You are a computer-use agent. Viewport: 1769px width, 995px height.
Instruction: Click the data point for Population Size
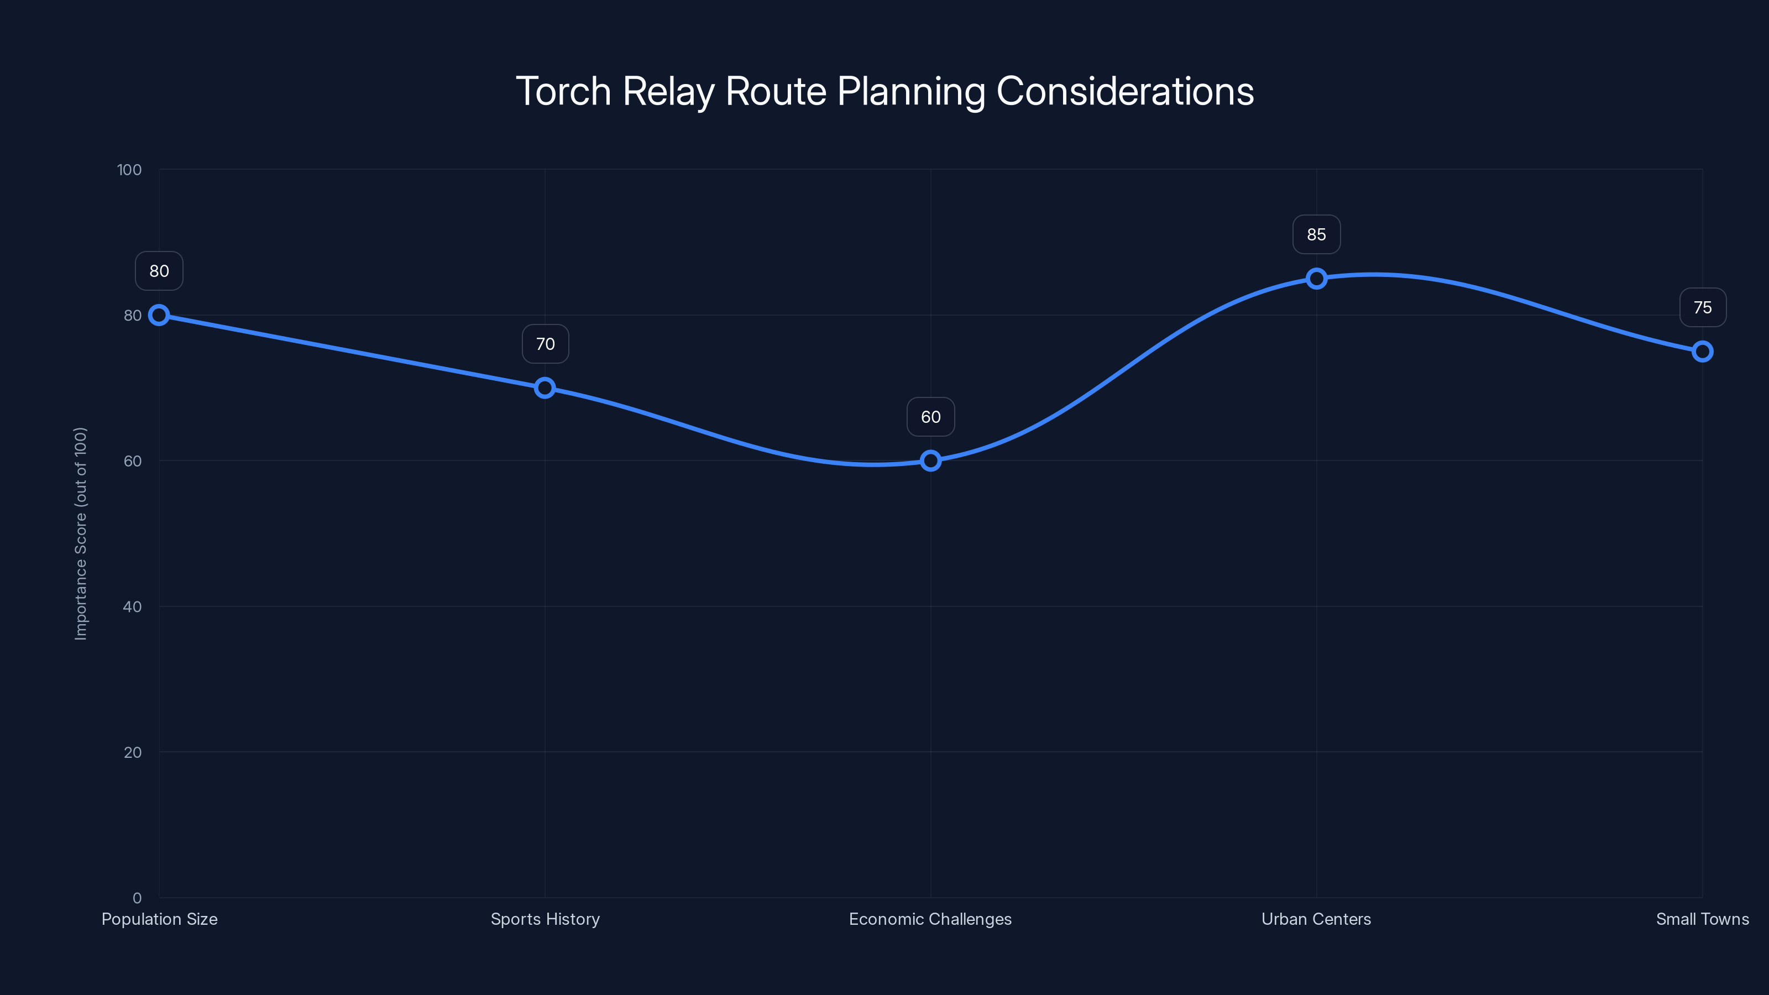159,315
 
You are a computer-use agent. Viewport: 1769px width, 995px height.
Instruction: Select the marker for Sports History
545,388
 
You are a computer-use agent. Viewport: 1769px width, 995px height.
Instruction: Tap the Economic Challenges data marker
930,461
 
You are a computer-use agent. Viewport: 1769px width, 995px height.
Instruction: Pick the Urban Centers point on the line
1316,279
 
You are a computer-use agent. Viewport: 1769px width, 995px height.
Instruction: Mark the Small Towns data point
1703,352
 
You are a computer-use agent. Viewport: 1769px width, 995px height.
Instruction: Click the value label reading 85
1316,235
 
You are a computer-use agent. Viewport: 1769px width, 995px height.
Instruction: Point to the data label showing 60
930,417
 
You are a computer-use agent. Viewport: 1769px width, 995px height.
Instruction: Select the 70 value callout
545,344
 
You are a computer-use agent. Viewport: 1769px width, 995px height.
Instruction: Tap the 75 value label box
1703,308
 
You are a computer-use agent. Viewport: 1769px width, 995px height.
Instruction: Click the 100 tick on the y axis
129,170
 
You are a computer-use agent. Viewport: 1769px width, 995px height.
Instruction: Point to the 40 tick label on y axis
133,607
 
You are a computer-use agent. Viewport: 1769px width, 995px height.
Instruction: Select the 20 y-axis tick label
133,752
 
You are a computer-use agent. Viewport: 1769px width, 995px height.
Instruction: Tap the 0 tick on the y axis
137,898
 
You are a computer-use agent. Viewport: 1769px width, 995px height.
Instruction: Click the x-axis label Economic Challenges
930,919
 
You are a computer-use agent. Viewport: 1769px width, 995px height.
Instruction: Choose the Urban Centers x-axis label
1316,919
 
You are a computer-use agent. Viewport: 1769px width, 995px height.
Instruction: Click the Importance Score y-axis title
81,533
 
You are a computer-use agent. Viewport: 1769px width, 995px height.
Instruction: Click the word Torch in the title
563,91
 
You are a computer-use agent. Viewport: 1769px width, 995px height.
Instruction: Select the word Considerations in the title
1125,91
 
